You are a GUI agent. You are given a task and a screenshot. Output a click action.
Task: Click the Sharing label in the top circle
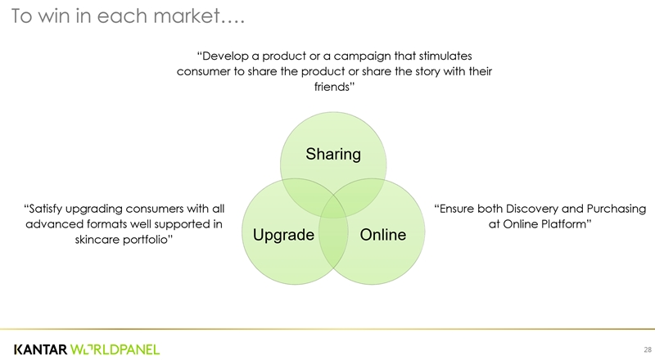point(332,153)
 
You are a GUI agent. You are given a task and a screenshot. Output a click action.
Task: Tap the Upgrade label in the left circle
point(283,236)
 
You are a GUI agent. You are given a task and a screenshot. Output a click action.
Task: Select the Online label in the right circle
point(382,236)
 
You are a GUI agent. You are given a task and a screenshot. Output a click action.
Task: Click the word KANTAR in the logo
point(40,349)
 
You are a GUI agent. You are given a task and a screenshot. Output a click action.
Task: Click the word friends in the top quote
point(332,86)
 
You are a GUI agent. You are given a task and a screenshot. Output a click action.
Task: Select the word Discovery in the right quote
point(533,208)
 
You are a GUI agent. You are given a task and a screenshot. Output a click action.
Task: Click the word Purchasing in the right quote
point(616,208)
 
